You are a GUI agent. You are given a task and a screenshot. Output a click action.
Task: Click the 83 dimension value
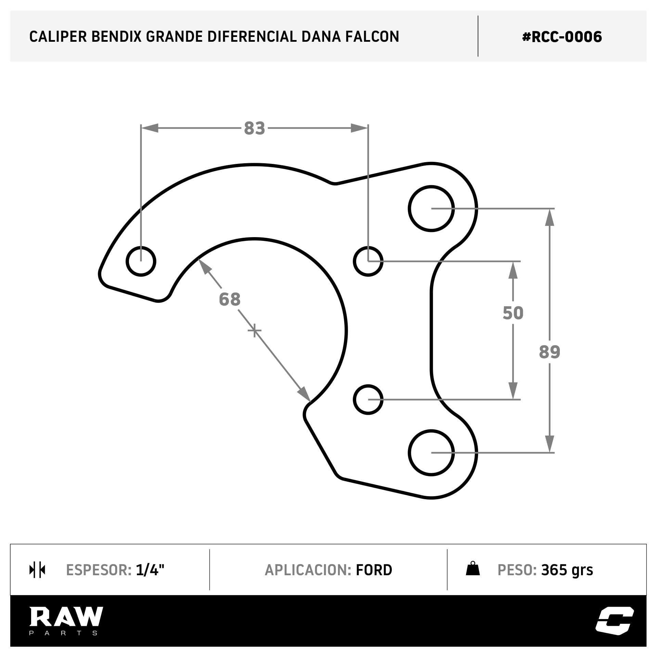(254, 128)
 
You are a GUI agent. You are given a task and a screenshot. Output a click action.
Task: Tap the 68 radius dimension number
(230, 299)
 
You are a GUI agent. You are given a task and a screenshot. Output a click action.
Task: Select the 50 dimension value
(513, 313)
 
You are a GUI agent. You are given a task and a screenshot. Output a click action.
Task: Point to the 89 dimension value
(550, 352)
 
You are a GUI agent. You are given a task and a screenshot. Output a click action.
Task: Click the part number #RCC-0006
(562, 37)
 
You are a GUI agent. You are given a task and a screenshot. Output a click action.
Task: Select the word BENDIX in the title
(116, 37)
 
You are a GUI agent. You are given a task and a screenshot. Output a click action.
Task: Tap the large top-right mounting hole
(431, 209)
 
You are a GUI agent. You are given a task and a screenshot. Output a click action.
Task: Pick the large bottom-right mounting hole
(431, 452)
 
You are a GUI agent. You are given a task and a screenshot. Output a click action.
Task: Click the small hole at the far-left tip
(141, 261)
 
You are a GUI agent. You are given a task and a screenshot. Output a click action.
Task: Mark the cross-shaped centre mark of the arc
(254, 331)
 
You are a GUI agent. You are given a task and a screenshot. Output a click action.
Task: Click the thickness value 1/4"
(150, 570)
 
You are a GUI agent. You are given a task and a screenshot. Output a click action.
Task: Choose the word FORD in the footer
(374, 570)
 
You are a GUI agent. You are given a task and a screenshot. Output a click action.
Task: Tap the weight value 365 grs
(567, 570)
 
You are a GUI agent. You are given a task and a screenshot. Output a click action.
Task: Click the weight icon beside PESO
(473, 569)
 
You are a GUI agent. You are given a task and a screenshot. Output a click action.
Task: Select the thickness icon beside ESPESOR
(37, 570)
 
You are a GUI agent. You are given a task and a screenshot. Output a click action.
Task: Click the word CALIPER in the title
(58, 37)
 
